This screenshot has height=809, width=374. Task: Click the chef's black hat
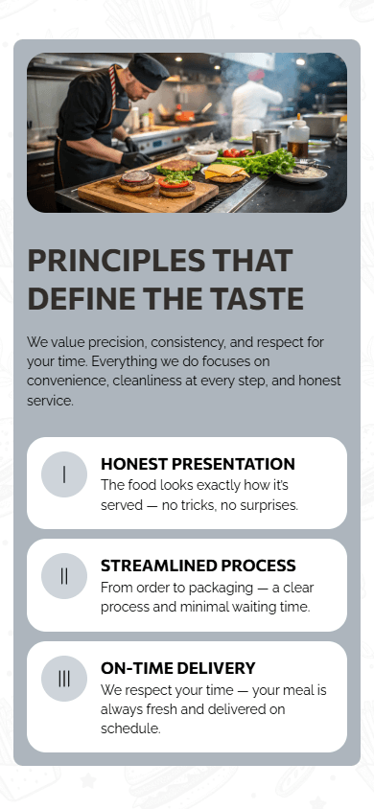pos(149,70)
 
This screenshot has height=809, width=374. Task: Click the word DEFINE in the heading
pos(83,299)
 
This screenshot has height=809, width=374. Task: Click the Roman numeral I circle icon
pos(64,474)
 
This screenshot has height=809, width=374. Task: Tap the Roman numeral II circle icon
pos(64,576)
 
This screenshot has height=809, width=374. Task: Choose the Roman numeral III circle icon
pos(64,679)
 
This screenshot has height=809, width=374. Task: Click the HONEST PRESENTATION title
pos(198,464)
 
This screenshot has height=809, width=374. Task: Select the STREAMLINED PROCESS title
pos(198,566)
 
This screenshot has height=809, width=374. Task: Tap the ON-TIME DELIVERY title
pos(177,668)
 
